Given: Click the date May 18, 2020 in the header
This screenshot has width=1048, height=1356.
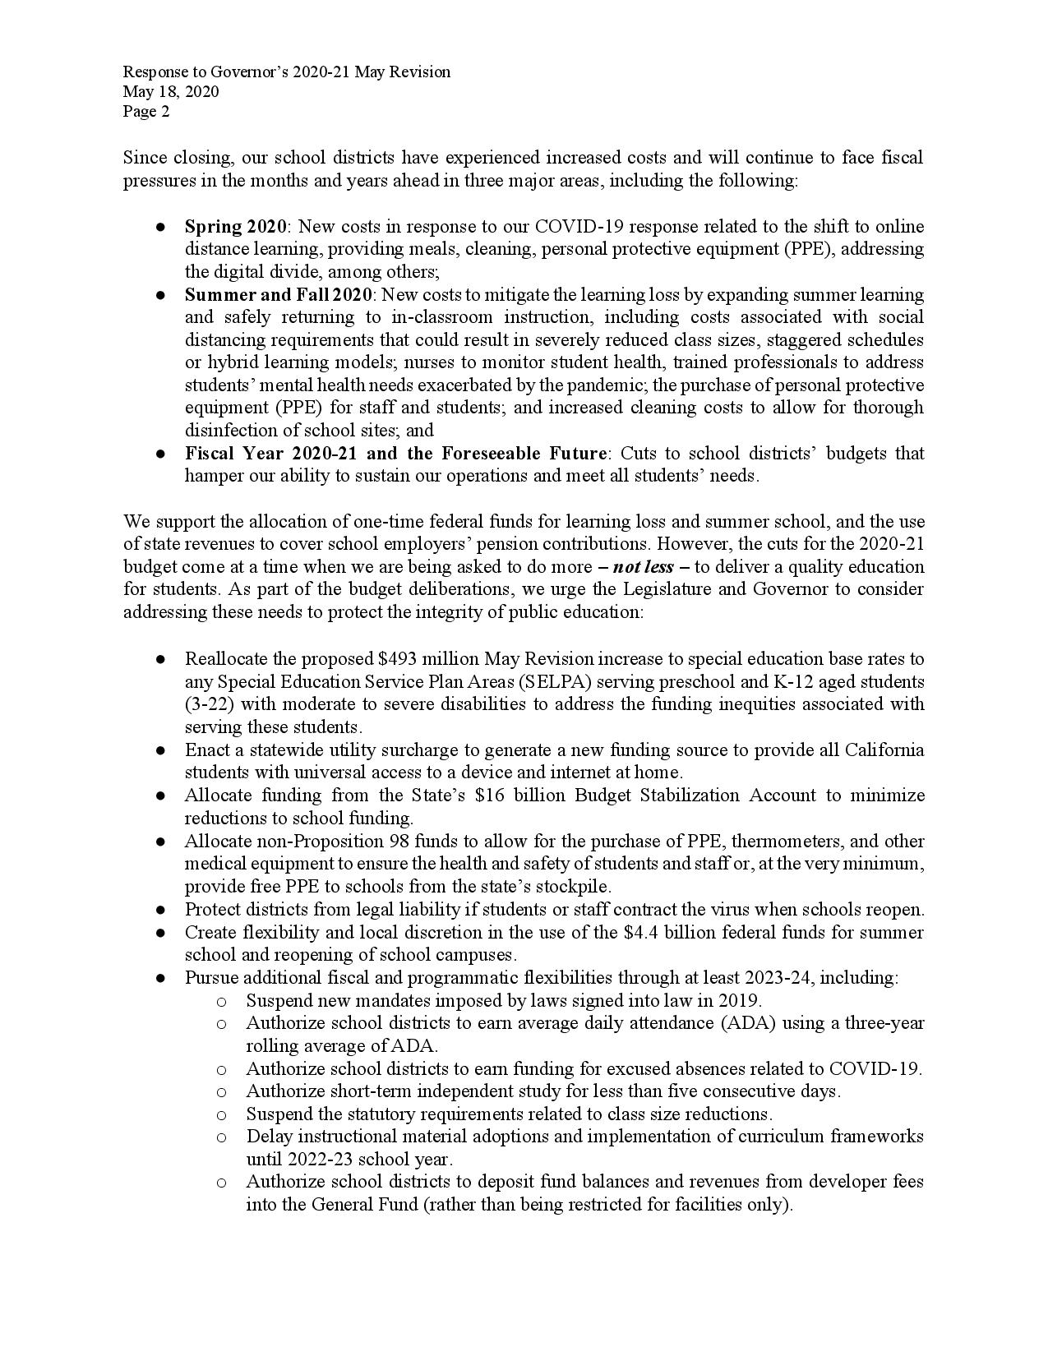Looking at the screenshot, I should tap(171, 92).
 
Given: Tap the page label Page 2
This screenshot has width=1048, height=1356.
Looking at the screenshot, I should tap(146, 112).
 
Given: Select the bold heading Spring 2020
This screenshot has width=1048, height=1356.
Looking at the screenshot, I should tap(236, 227).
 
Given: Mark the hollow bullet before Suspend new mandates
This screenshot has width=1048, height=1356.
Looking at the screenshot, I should tap(221, 1002).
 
